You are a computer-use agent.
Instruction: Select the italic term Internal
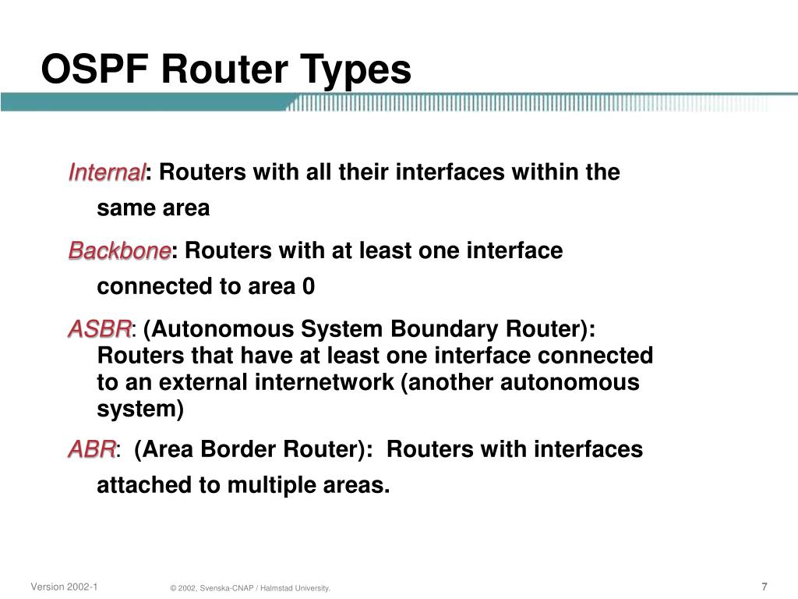[107, 172]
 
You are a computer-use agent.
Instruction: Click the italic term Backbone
[119, 251]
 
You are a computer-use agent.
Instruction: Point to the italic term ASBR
[100, 330]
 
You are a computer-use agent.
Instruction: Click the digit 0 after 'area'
[309, 287]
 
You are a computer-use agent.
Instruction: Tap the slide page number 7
[764, 587]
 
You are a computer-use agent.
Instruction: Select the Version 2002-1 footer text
[64, 587]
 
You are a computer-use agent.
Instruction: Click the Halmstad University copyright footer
[250, 588]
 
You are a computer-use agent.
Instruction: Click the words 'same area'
[153, 208]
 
